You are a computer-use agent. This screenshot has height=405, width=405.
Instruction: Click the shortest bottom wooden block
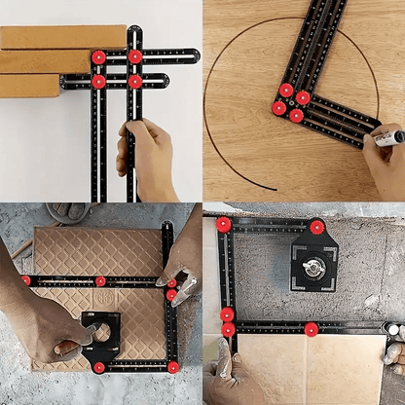point(29,86)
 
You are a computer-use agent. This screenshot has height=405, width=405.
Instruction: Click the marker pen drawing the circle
point(387,139)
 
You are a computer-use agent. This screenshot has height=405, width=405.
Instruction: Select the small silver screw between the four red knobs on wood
point(291,102)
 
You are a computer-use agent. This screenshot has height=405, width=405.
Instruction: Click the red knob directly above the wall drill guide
point(317,227)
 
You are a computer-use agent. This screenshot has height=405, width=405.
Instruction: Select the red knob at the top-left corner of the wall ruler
point(224,225)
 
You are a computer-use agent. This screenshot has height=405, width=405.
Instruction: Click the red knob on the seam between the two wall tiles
point(312,329)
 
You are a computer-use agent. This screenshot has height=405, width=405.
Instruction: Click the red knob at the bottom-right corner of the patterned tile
point(173,367)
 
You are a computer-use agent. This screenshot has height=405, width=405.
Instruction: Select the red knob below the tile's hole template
point(99,367)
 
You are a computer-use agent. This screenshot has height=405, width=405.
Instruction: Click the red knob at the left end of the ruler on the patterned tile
point(25,279)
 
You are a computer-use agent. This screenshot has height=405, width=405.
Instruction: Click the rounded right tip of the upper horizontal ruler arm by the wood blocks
point(195,55)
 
